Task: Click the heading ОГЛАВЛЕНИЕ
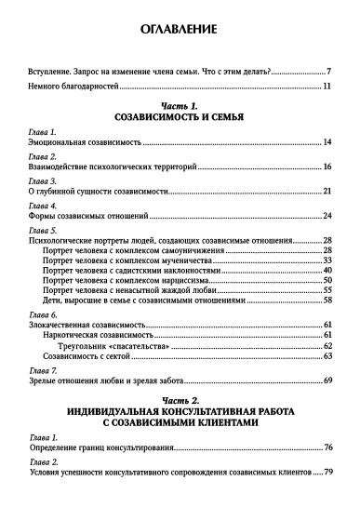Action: (179, 29)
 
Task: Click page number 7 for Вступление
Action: (329, 72)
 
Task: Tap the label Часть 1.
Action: (179, 107)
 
